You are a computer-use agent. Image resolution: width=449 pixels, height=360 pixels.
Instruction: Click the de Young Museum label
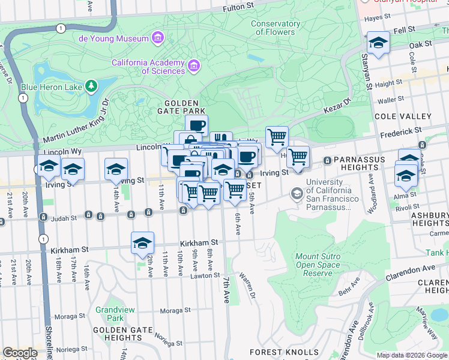113,39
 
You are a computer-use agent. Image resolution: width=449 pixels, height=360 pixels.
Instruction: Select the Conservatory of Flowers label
276,28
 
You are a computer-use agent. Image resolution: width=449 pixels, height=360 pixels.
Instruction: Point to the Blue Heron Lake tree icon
91,86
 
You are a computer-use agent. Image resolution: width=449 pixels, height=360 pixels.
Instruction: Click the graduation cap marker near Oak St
378,43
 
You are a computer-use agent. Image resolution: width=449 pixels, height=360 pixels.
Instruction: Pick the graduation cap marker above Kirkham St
142,243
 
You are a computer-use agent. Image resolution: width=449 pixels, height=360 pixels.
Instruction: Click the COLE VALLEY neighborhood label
402,116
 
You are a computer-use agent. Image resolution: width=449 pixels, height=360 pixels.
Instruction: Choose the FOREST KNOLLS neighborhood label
284,352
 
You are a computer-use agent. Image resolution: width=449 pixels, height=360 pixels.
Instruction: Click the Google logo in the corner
20,353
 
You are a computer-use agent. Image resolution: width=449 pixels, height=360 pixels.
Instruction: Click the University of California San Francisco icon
297,194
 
